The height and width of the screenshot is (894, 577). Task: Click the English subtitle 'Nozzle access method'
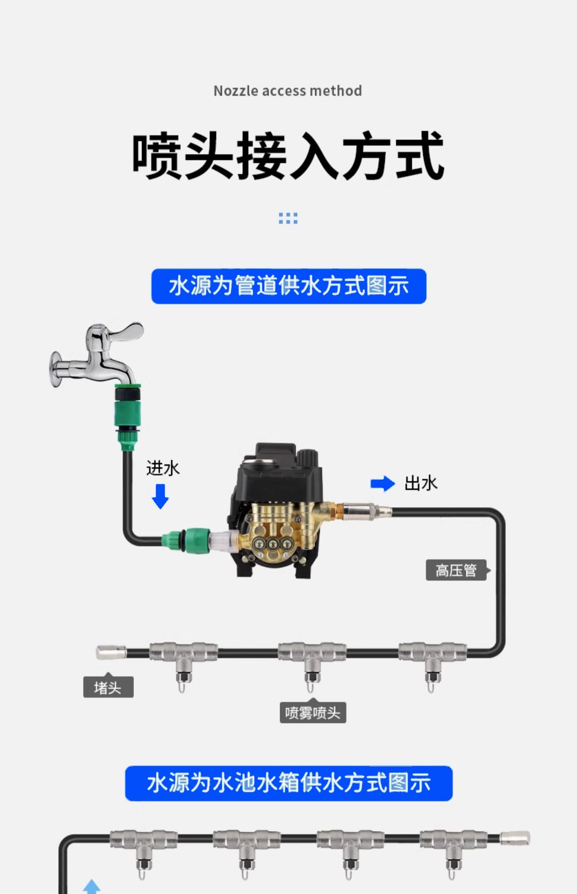pos(288,91)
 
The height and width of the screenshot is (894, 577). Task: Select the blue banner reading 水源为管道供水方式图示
pos(288,286)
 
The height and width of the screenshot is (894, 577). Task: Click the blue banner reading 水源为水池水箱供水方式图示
pos(288,783)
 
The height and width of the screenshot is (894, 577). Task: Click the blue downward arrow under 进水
pos(161,496)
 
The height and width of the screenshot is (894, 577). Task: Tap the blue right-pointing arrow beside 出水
pos(382,484)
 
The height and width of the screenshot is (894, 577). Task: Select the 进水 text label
pos(163,468)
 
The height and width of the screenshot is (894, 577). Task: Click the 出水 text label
pos(421,484)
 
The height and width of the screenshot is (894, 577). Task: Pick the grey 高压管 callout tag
pos(456,570)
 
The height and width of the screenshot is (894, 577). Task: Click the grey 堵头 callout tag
pos(108,687)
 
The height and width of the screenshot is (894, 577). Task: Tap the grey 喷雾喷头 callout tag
pos(313,713)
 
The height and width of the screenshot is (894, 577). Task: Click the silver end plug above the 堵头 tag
pos(111,652)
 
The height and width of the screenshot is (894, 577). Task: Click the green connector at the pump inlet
pos(186,540)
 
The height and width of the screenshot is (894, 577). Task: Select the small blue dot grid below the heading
pos(288,218)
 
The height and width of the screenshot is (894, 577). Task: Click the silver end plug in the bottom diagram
pos(515,839)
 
